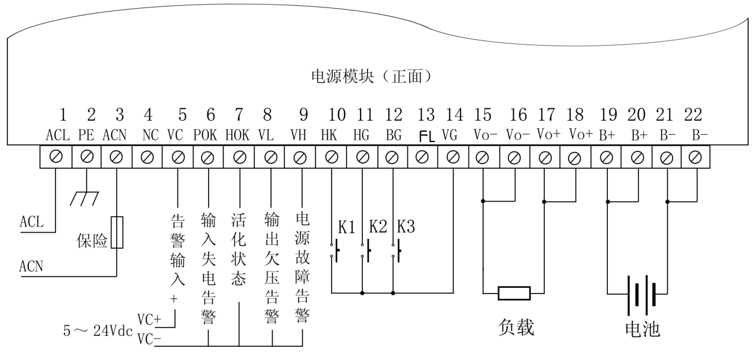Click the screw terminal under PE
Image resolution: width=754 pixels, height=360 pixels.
click(x=87, y=155)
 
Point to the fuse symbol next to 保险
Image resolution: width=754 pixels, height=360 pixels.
click(x=117, y=232)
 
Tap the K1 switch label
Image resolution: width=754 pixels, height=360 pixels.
click(x=347, y=228)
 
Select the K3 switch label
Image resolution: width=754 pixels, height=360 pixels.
click(x=407, y=228)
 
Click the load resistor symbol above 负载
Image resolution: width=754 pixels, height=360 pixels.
click(x=514, y=293)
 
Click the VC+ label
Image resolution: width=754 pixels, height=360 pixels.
click(x=148, y=320)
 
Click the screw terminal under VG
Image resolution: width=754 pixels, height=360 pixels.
click(x=453, y=155)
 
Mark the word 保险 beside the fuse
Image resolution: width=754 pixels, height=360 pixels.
click(x=93, y=242)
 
